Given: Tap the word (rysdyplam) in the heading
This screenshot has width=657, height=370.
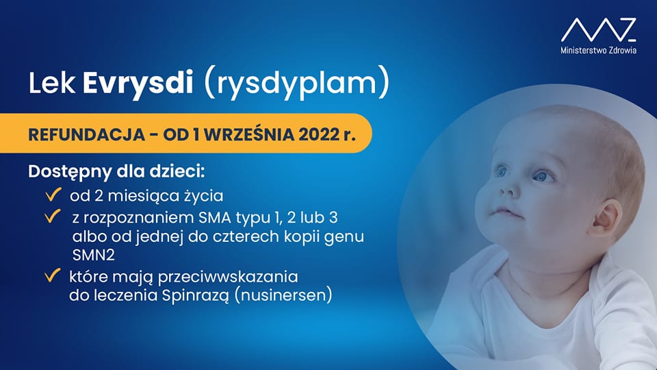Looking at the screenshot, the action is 296,82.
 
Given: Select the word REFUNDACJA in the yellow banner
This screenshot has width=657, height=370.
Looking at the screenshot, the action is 87,135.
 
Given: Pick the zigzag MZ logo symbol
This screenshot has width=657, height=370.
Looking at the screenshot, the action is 599,29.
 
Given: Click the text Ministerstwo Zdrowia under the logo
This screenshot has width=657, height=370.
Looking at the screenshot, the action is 599,50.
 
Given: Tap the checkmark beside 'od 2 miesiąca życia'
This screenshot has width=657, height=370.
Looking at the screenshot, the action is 53,195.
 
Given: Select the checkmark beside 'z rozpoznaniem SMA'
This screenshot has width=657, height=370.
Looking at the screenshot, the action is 53,217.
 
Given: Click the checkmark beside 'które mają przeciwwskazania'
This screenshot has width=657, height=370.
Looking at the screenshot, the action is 53,275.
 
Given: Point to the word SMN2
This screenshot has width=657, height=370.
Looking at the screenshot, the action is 94,255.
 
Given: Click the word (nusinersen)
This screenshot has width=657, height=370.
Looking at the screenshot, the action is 283,295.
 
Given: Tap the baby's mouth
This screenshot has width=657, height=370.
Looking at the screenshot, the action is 508,212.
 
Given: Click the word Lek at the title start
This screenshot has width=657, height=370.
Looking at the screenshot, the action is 51,83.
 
